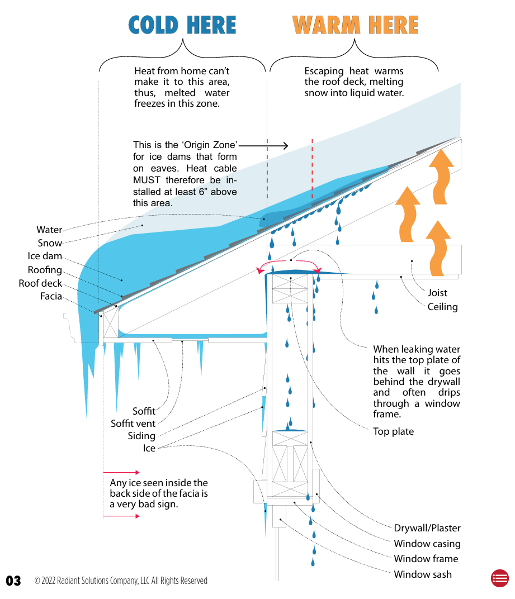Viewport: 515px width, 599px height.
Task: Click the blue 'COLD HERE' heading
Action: tap(182, 25)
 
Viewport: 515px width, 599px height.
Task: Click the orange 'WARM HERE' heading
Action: tap(355, 25)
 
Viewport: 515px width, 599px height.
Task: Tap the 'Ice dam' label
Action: tap(45, 256)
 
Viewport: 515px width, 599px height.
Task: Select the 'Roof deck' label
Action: tap(40, 283)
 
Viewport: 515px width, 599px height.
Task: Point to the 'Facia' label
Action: tap(51, 297)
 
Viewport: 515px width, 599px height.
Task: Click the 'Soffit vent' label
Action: tap(133, 424)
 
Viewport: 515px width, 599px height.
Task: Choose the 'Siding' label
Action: tap(141, 436)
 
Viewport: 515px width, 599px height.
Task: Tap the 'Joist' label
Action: tap(437, 293)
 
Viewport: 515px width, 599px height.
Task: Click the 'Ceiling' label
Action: tap(442, 307)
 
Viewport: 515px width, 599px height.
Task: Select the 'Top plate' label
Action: tap(394, 431)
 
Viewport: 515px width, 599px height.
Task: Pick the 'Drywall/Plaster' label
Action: tap(427, 528)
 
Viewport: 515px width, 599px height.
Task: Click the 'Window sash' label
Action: tap(423, 574)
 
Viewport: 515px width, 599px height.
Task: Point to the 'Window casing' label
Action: tap(427, 544)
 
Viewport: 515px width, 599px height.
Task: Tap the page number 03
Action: tap(13, 581)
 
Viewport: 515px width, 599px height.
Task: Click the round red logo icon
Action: tap(499, 578)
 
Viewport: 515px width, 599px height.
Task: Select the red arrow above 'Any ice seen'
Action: tap(121, 472)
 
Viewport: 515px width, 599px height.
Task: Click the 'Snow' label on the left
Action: tap(50, 243)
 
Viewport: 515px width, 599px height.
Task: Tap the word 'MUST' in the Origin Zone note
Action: tap(146, 180)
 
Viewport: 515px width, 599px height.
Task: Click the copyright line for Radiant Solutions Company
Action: tap(121, 581)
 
